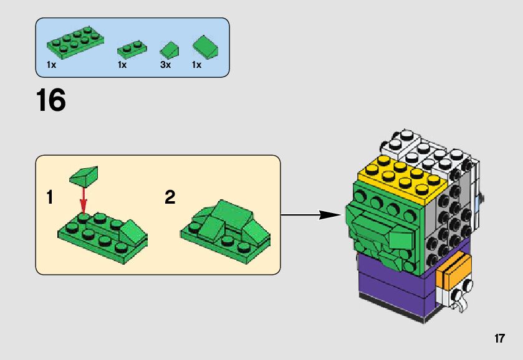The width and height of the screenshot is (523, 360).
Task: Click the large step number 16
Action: click(51, 101)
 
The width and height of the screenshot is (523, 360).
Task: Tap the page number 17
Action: click(499, 339)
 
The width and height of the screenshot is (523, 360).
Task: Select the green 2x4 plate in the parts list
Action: click(74, 44)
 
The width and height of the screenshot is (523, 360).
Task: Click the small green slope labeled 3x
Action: click(169, 49)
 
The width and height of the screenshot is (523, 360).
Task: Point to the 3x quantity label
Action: click(165, 65)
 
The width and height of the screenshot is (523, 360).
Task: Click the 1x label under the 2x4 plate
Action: click(51, 65)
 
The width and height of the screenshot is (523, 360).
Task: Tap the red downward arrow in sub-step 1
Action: click(84, 199)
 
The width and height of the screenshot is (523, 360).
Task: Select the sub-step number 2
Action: click(170, 198)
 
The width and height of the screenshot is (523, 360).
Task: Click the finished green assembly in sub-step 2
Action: click(225, 227)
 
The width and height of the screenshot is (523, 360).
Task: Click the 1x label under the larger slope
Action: click(196, 65)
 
